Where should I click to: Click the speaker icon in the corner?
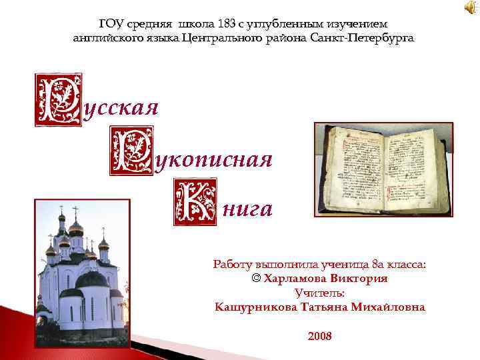pyautogui.click(x=469, y=7)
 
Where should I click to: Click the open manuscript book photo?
pyautogui.click(x=383, y=169)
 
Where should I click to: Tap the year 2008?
pyautogui.click(x=320, y=336)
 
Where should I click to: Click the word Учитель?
pyautogui.click(x=320, y=293)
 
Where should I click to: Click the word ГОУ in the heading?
pyautogui.click(x=111, y=24)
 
